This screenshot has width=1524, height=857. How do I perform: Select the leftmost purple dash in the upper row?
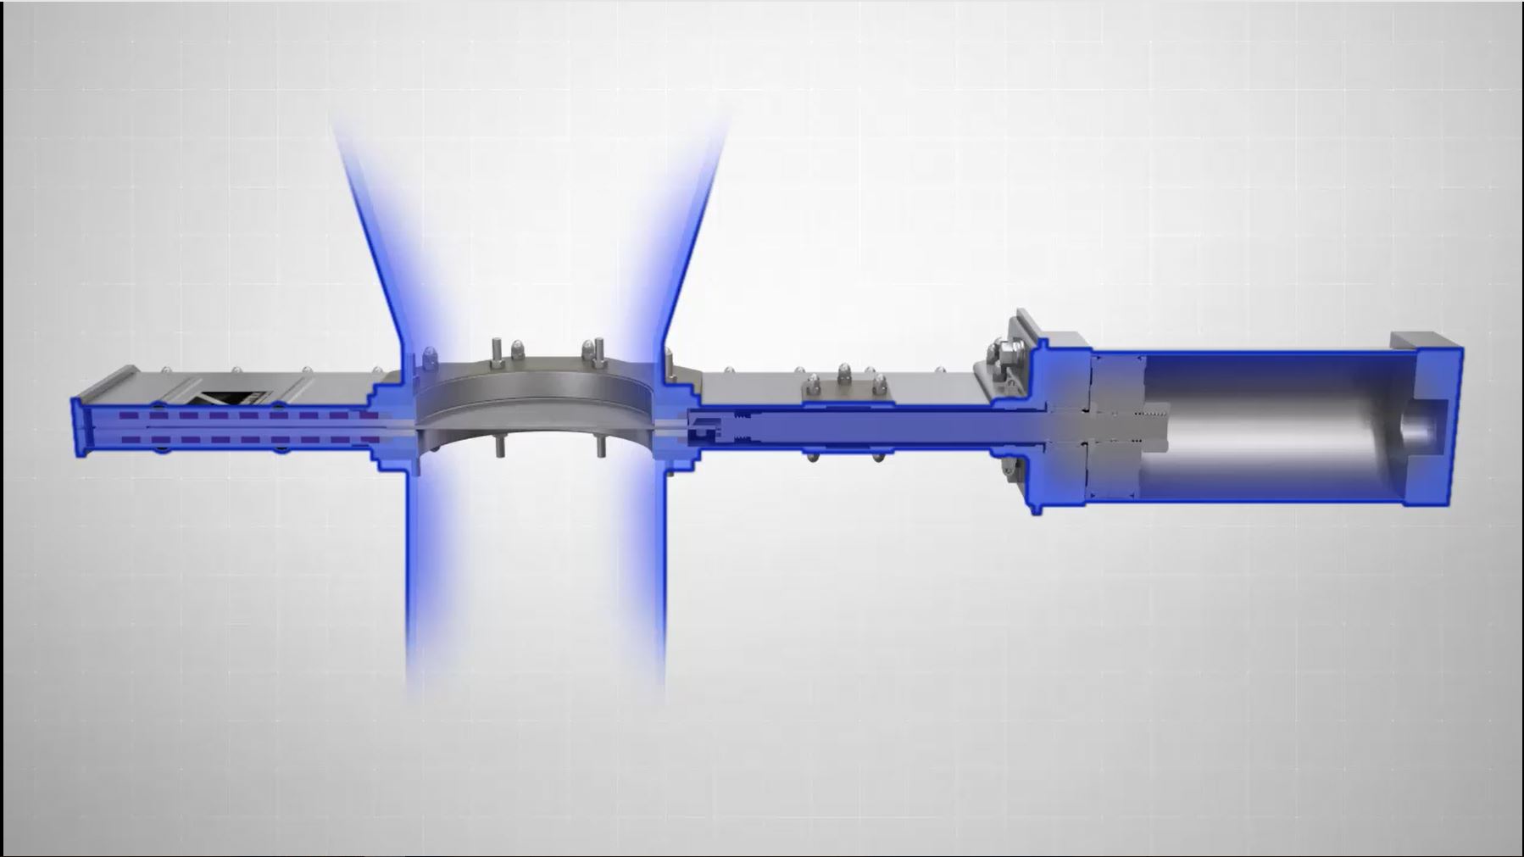click(129, 416)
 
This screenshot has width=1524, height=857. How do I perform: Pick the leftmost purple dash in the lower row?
click(129, 439)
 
